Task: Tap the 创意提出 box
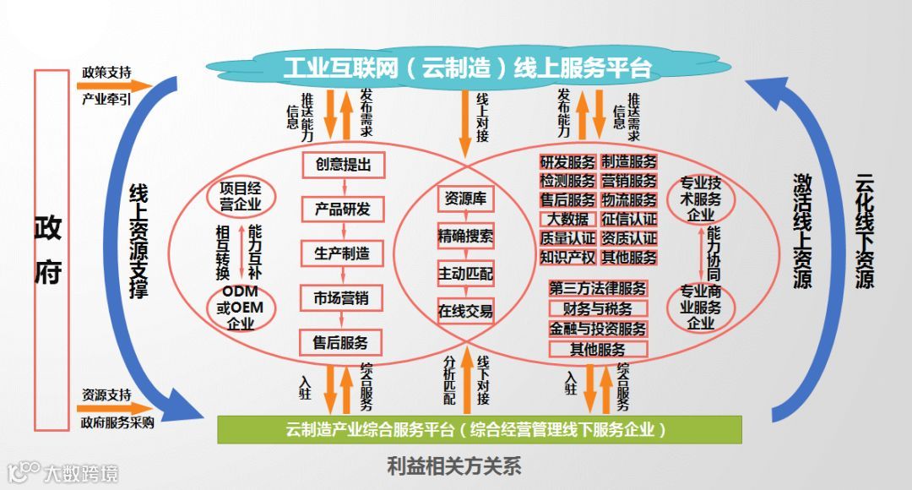click(x=343, y=165)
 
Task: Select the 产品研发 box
click(x=343, y=209)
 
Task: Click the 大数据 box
click(x=567, y=220)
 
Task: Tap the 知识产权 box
click(x=567, y=257)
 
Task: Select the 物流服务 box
click(x=628, y=200)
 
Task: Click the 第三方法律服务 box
click(x=598, y=289)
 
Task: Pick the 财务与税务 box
click(x=598, y=309)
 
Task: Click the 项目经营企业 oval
click(x=241, y=196)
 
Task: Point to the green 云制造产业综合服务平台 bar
click(x=479, y=429)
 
